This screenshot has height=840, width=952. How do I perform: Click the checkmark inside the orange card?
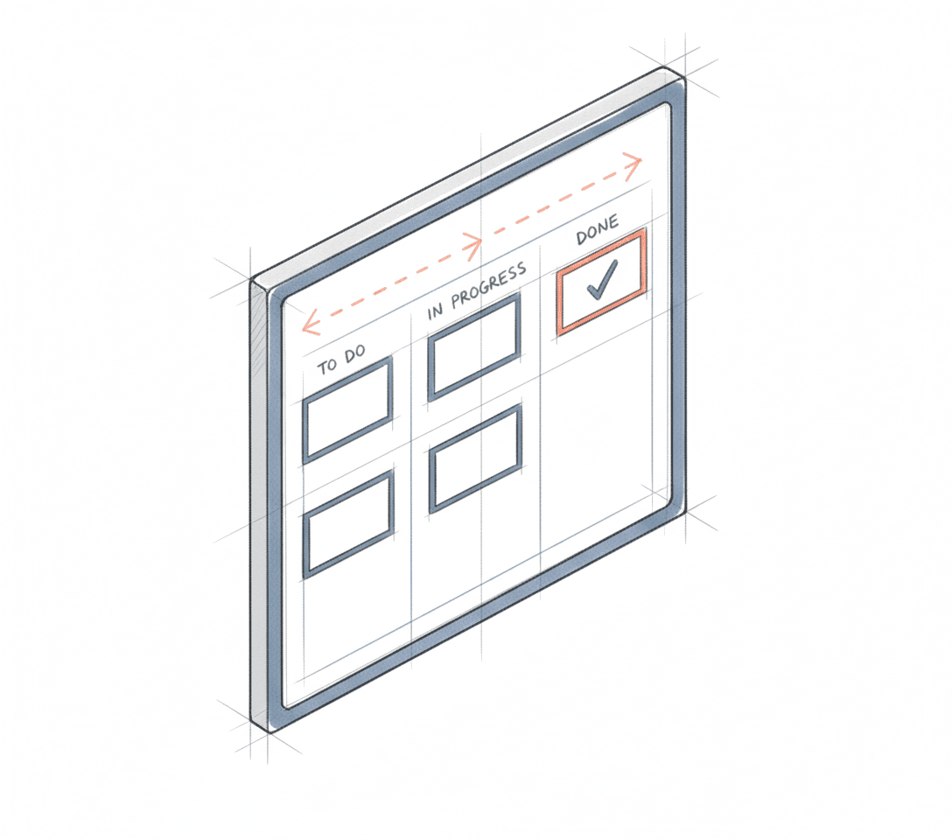tap(601, 279)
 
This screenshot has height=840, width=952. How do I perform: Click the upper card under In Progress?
tap(474, 347)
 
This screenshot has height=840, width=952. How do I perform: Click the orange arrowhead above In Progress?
tap(473, 244)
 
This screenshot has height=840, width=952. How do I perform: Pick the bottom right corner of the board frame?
tap(682, 507)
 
